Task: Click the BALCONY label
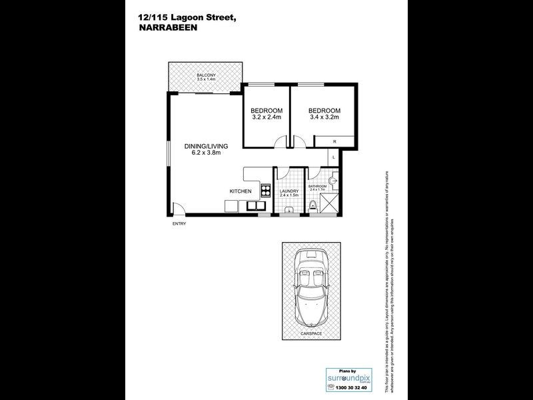206,75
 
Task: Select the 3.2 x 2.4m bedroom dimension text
266,117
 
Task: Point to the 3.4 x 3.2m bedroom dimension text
324,117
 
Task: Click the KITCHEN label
240,191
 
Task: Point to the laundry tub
288,211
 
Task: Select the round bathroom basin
334,179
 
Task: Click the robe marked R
334,141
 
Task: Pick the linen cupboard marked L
334,156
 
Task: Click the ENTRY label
179,223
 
